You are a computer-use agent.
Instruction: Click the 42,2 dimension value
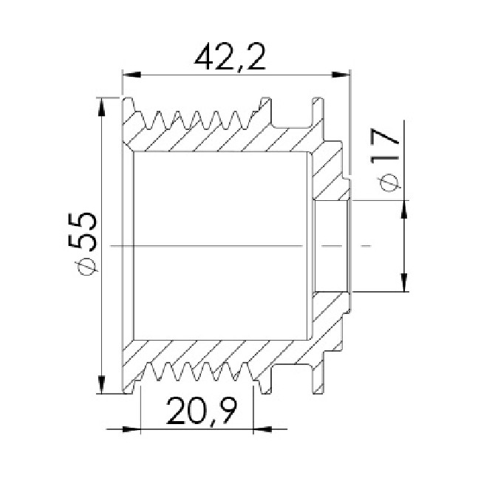point(230,57)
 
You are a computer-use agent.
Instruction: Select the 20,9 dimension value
point(202,410)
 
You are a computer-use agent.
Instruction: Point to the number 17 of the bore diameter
point(385,146)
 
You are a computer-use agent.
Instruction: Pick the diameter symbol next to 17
point(389,182)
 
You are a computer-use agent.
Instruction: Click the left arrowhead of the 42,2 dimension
point(132,75)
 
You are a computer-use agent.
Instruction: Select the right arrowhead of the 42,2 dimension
point(341,75)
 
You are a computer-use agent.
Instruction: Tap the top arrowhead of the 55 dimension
point(101,107)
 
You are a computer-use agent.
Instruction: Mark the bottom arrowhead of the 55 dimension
point(101,384)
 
